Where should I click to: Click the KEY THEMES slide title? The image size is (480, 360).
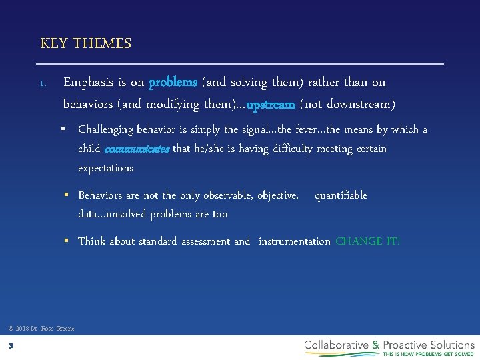coord(85,44)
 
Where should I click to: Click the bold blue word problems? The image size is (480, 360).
coord(173,83)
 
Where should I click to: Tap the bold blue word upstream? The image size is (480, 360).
coord(271,105)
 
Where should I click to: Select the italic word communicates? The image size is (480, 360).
coord(137,149)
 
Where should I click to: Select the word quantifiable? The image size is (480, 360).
coord(341,195)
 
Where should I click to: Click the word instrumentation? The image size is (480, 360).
coord(294,241)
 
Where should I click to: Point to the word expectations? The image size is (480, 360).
coord(105,168)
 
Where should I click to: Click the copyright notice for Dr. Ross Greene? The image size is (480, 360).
coord(41,328)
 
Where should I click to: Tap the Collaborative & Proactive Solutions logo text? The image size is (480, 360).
coord(389,345)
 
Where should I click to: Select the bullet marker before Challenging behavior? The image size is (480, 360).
coord(69,129)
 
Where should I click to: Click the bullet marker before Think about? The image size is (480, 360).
coord(69,241)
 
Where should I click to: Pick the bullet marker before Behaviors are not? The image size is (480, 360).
coord(69,195)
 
